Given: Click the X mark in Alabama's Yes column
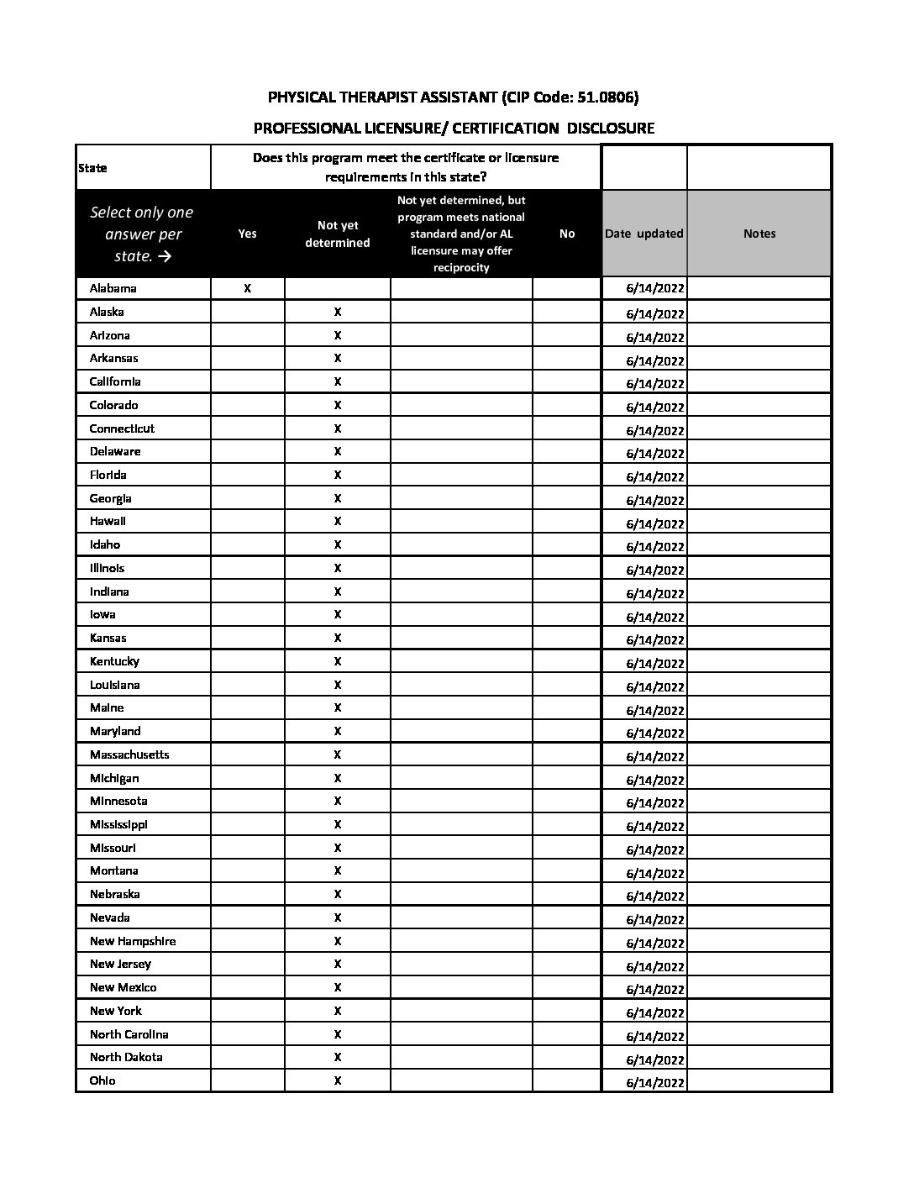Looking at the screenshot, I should (247, 288).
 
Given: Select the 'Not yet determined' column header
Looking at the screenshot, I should (338, 234).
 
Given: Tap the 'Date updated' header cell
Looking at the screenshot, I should (643, 234).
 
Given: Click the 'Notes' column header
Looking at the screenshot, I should (759, 234).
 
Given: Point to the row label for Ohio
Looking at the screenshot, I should (102, 1080).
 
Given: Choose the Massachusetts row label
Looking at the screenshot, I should (129, 754).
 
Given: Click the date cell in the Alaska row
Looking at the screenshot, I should (655, 313).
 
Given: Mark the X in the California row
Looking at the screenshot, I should (338, 381).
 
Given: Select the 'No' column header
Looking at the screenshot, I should (567, 234).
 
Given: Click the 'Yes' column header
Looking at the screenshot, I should (247, 234).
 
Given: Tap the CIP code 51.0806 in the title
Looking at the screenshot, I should (605, 97).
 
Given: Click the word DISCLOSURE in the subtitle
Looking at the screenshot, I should (610, 129).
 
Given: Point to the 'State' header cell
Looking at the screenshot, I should (92, 168).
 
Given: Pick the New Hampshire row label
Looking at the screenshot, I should (133, 941).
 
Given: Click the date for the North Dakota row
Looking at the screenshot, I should (655, 1059).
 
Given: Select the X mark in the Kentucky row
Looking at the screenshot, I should (338, 661).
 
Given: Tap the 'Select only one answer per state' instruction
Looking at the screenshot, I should (141, 234).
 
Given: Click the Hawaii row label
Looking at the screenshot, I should (108, 521).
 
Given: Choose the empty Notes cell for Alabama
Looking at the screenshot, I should (759, 288).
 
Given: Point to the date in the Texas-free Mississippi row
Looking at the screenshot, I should (655, 826).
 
